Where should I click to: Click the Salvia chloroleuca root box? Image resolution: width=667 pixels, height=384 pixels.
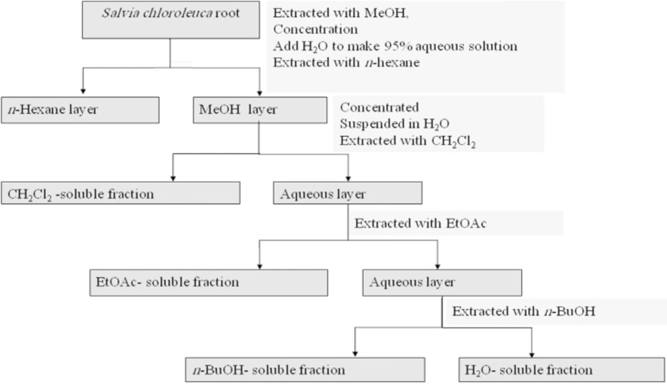tap(171, 20)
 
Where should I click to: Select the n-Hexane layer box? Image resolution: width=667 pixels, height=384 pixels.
tap(80, 110)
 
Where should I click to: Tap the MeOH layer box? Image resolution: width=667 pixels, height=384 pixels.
tap(260, 110)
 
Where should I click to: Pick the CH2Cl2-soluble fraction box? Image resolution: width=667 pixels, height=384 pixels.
tap(120, 193)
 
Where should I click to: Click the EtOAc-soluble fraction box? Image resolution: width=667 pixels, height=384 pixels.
tap(208, 282)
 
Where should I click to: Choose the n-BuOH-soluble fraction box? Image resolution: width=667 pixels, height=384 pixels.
tap(305, 369)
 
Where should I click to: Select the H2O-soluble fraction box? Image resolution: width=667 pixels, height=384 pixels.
tap(562, 369)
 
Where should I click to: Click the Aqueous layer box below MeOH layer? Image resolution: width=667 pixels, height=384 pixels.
tap(348, 193)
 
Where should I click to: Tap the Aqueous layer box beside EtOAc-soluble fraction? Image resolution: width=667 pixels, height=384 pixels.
tap(442, 282)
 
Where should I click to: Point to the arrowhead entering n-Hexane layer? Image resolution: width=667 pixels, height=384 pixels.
tap(83, 91)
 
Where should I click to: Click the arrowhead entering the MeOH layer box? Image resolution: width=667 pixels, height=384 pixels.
tap(259, 93)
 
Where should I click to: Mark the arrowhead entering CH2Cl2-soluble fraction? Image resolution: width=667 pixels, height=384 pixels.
tap(173, 178)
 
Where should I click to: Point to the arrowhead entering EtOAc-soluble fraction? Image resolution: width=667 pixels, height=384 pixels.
tap(259, 266)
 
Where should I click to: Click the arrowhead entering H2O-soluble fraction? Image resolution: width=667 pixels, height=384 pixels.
tap(532, 355)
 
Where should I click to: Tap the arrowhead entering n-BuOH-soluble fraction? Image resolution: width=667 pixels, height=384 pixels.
tap(355, 354)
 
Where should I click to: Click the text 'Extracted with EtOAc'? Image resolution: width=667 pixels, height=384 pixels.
tap(420, 223)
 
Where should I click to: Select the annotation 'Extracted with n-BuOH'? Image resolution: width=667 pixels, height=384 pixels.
tap(524, 311)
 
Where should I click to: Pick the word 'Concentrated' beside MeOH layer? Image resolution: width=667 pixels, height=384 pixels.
tap(379, 107)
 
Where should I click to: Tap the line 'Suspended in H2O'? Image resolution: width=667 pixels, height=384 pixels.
tap(394, 124)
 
